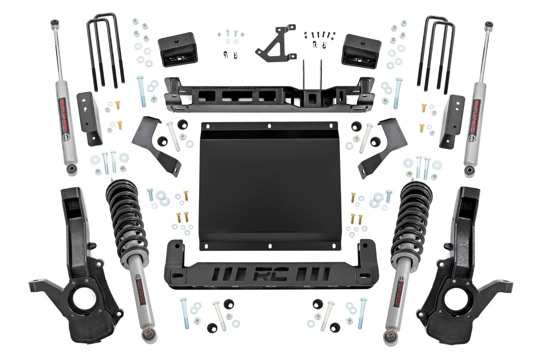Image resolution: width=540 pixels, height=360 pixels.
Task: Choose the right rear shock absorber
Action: tap(477, 99)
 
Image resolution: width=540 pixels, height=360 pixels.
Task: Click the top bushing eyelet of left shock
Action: tap(54, 23)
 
